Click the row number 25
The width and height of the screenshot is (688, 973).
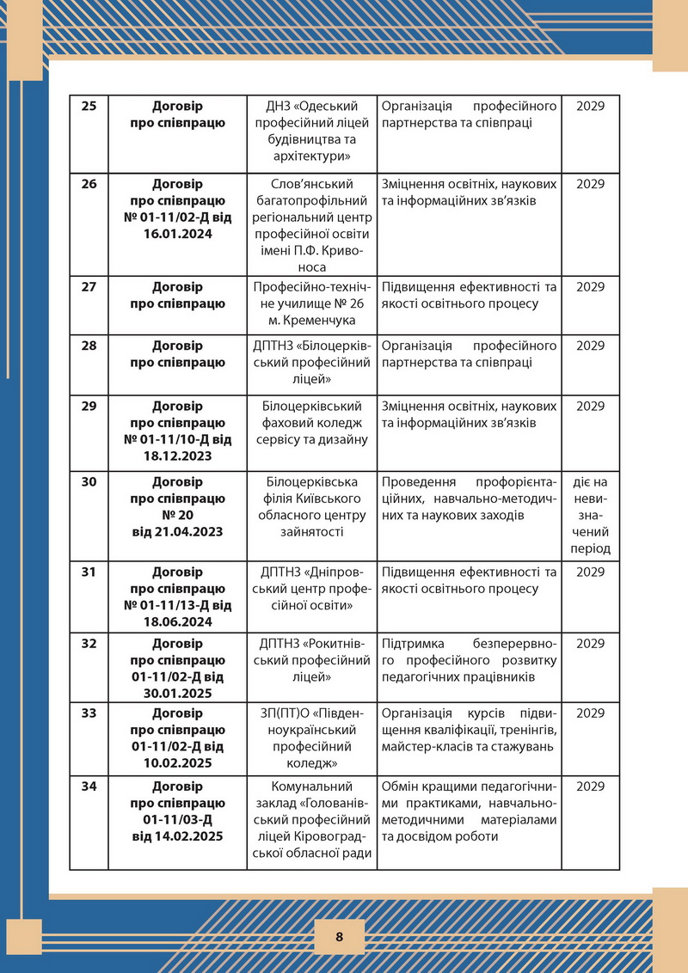89,107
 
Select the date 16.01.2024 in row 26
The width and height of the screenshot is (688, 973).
177,233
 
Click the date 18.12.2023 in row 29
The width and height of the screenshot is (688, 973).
177,456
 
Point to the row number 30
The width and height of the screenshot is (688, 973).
89,481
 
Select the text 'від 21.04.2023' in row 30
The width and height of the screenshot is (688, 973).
177,531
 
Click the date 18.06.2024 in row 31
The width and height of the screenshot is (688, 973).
177,621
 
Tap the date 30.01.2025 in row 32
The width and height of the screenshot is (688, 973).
177,693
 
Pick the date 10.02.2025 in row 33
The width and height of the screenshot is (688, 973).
177,762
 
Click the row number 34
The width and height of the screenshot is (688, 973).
89,786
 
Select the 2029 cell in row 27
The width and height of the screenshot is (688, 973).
590,286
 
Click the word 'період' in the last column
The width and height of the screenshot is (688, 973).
590,548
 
